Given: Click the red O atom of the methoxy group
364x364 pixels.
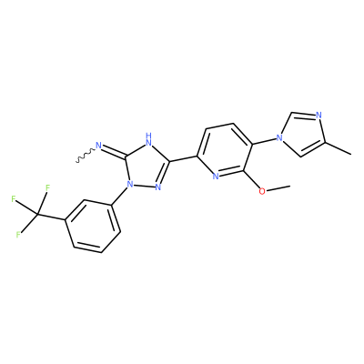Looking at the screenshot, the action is pos(263,191).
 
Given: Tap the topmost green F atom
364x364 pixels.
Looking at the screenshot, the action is pos(47,188).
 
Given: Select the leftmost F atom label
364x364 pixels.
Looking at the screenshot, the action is pos(13,199).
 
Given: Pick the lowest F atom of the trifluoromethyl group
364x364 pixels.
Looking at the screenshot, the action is pos(18,235).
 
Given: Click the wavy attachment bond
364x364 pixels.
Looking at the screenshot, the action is pos(86,155).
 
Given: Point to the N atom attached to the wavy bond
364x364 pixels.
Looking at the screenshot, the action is pos(98,146).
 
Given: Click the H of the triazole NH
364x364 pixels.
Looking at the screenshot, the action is pos(148,135).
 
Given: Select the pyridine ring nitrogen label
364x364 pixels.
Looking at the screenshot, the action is pos(216,177).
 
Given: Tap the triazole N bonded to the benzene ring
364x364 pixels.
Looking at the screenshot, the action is pos(130,184).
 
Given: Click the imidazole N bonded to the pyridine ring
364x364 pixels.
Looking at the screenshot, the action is pos(279,138).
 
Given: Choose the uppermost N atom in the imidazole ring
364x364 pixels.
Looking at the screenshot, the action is pos(318,116).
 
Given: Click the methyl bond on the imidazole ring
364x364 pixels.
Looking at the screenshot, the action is pos(339,148).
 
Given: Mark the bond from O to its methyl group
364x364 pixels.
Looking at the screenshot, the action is pos(278,188).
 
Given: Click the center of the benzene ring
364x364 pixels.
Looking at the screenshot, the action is pos(93,226).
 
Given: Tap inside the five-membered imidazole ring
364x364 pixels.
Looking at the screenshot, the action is pos(304,134).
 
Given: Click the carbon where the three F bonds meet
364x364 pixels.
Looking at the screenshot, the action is pos(37,215).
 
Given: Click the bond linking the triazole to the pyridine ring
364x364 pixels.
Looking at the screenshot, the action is pos(183,158).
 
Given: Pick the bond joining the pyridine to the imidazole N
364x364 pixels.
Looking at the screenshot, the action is pos(264,141).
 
